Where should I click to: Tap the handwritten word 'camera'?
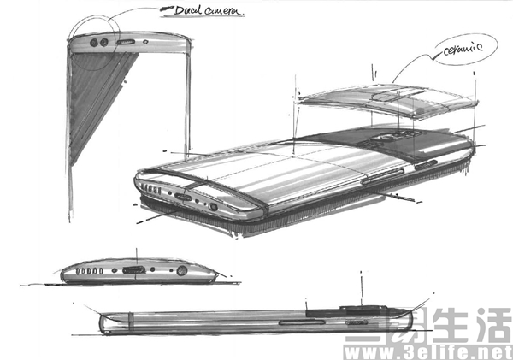224,11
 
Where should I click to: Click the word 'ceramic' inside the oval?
463,50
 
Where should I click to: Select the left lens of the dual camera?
94,43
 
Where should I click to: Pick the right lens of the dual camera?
104,42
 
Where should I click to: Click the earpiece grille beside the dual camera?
126,42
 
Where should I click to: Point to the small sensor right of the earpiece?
145,42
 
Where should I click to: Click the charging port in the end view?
134,270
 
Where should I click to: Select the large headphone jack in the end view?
182,271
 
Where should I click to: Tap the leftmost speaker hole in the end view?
78,271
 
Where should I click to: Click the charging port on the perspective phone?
183,197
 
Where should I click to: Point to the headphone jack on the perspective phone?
213,207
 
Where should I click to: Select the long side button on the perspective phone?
382,177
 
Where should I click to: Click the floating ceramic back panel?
387,100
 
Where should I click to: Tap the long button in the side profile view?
302,322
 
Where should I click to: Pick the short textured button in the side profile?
357,322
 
